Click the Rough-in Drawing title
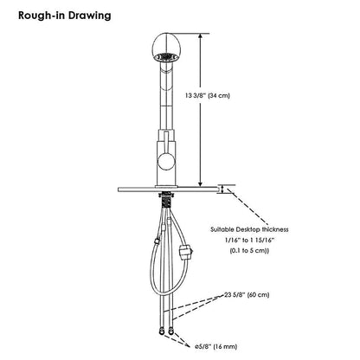[x=65, y=16]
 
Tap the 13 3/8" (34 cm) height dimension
[x=208, y=95]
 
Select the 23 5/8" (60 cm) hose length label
[x=247, y=295]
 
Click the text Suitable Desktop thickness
[x=249, y=229]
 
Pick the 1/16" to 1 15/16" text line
[x=249, y=240]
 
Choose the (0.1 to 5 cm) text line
[x=249, y=251]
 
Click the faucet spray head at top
[x=167, y=48]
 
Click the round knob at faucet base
[x=166, y=161]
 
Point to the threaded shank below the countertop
[x=165, y=199]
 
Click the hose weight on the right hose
[x=185, y=252]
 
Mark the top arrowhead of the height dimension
[x=201, y=36]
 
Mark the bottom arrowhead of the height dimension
[x=201, y=183]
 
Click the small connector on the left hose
[x=157, y=241]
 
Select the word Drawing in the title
[x=90, y=16]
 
